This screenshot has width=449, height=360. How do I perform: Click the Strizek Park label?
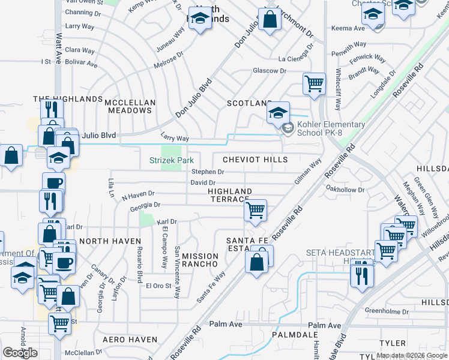click(x=172, y=161)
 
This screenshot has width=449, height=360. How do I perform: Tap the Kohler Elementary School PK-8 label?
click(x=331, y=128)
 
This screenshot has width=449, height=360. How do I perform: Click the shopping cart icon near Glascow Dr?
click(x=314, y=84)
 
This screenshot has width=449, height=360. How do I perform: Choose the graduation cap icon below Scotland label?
click(x=279, y=113)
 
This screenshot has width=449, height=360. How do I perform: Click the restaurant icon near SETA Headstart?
click(x=362, y=275)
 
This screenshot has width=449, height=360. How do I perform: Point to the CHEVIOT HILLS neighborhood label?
click(x=255, y=160)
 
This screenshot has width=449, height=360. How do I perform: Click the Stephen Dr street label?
click(x=208, y=172)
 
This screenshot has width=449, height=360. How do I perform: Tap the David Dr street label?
click(x=203, y=182)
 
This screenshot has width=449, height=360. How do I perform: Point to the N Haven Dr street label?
click(x=138, y=195)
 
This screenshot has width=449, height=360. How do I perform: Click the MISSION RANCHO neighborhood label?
click(x=200, y=260)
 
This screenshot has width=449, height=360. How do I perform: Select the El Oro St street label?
click(x=158, y=286)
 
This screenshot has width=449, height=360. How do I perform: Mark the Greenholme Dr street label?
click(x=388, y=311)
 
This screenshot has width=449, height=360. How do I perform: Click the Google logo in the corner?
click(x=20, y=353)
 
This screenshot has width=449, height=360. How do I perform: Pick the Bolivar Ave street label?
click(x=81, y=63)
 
